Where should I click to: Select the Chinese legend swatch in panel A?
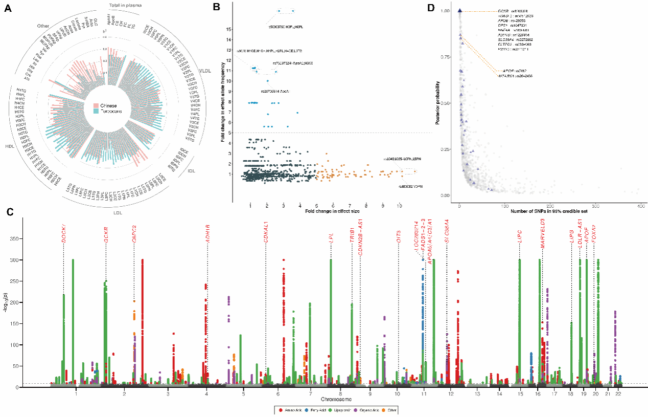click(x=96, y=104)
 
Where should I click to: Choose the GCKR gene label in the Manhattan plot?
click(x=106, y=233)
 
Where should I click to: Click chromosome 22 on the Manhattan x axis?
click(x=618, y=394)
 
